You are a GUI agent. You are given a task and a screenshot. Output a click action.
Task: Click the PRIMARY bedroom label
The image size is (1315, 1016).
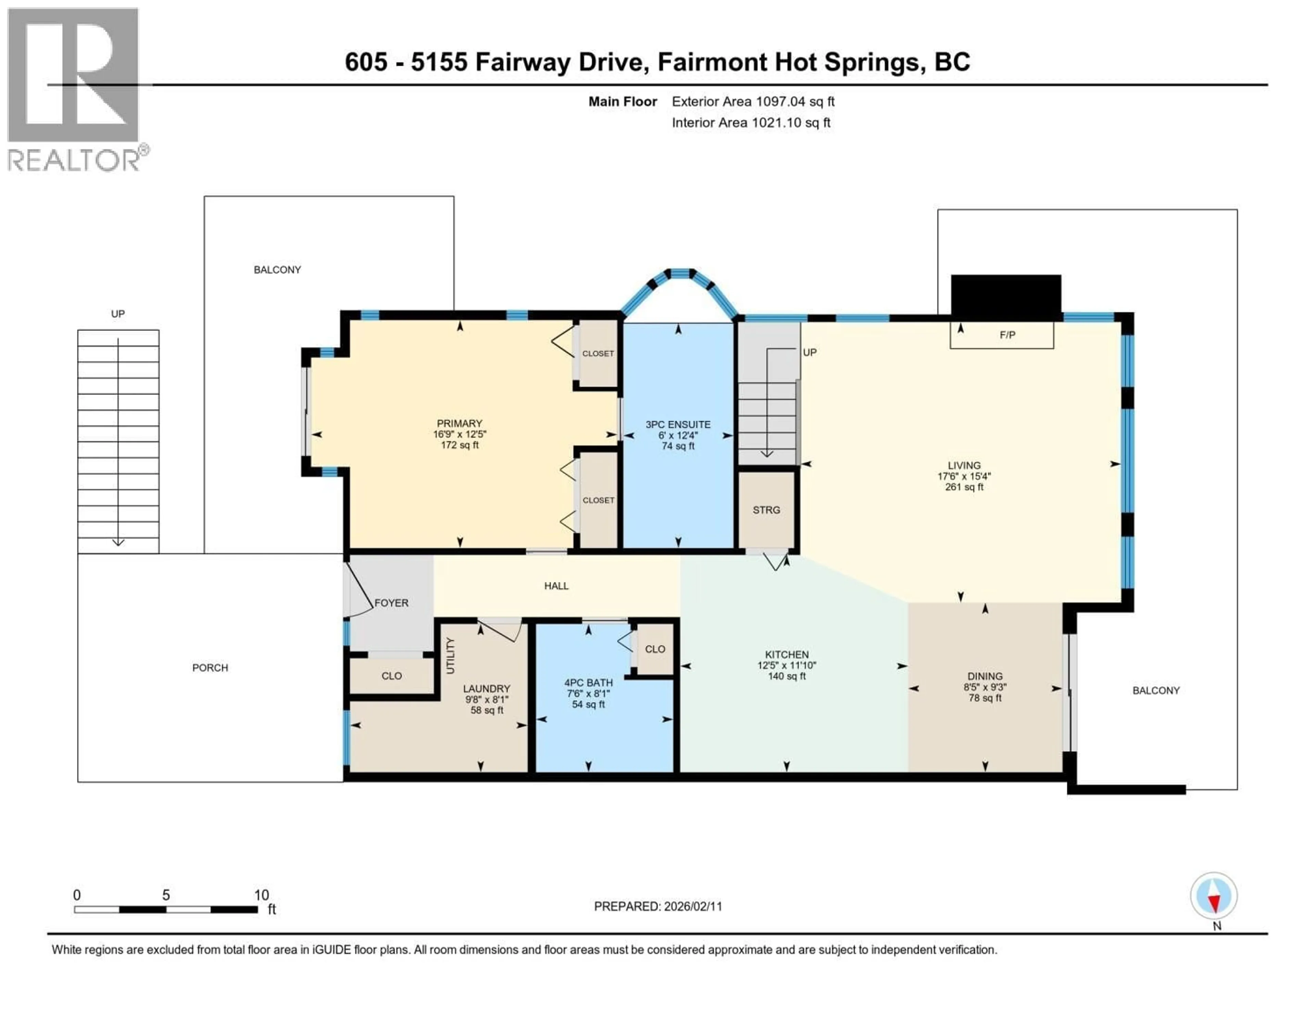point(460,423)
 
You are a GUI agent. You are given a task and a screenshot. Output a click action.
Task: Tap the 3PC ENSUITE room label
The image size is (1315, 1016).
point(678,425)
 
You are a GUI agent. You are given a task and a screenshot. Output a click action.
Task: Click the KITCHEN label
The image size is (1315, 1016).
point(786,655)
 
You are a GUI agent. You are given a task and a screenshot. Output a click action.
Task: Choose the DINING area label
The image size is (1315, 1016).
point(985,676)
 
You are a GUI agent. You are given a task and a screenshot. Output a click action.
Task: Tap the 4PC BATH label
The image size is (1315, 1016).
point(588,683)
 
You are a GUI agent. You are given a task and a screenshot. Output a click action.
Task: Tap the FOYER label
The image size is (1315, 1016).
point(391,603)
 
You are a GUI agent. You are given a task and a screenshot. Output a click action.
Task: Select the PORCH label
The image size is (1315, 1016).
point(210,668)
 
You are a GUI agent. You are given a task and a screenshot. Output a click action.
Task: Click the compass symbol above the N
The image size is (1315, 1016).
point(1213,895)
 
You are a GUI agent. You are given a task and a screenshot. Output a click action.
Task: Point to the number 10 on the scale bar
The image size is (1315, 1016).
point(261,895)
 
